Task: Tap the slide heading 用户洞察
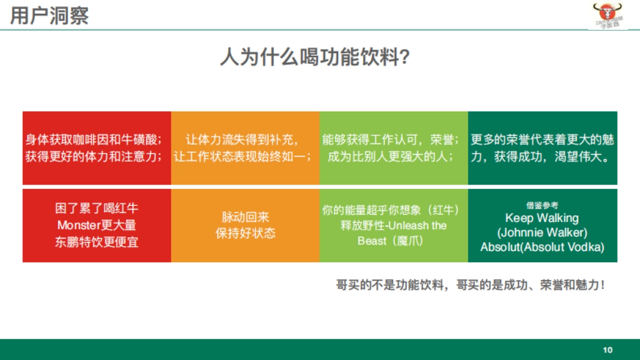[x=49, y=15]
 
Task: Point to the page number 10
[x=607, y=350]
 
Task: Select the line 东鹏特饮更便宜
[x=97, y=242]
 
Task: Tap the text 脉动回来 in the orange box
[x=245, y=217]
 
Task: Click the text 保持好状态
[x=245, y=234]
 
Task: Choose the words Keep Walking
[x=542, y=218]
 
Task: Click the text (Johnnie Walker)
[x=542, y=233]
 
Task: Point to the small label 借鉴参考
[x=542, y=205]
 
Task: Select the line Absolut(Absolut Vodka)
[x=542, y=247]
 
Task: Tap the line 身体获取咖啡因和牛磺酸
[x=94, y=140]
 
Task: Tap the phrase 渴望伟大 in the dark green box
[x=584, y=157]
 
